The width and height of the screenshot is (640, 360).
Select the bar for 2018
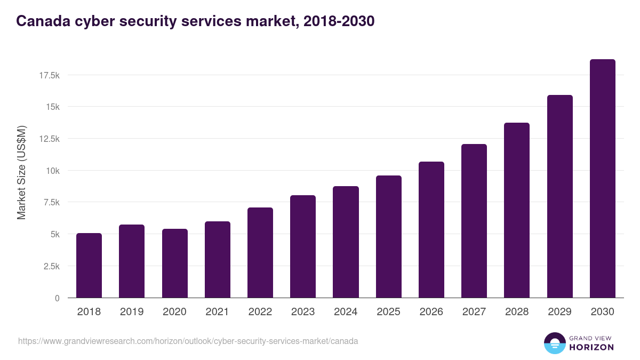click(x=89, y=266)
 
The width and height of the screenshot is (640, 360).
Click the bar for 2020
click(x=175, y=263)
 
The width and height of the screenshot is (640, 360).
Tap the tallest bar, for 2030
click(x=603, y=179)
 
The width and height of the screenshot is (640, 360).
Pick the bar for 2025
click(x=389, y=237)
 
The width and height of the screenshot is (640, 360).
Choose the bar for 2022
click(x=260, y=253)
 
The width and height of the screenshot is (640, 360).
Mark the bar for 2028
click(x=517, y=210)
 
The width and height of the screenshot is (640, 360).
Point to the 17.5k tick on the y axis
click(x=49, y=75)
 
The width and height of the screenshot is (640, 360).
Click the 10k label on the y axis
click(x=52, y=171)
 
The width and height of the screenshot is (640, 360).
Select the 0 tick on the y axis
click(x=57, y=298)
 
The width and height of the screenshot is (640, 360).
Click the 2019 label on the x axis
click(x=132, y=312)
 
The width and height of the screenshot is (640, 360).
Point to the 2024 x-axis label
click(x=346, y=312)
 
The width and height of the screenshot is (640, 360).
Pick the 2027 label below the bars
click(x=474, y=312)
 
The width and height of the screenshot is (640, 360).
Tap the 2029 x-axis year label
click(x=559, y=312)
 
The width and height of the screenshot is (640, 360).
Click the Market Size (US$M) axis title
click(x=21, y=172)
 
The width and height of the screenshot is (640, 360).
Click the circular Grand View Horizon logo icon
click(x=554, y=343)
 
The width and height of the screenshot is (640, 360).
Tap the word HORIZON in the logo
click(x=592, y=347)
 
